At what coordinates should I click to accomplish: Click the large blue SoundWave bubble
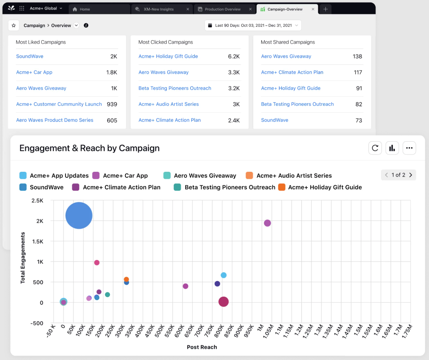79,215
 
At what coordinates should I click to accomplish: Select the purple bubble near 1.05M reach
267,223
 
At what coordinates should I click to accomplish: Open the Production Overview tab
223,9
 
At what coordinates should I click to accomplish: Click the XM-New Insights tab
158,9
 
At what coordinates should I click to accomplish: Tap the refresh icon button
375,148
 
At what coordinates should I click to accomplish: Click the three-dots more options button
409,148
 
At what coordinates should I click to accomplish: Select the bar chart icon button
392,148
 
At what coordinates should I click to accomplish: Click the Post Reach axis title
202,347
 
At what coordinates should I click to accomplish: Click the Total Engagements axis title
23,258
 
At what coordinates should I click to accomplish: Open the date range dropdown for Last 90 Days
253,25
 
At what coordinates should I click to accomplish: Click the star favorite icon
14,25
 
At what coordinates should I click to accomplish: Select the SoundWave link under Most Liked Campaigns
29,56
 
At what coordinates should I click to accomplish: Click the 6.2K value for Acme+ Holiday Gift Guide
234,56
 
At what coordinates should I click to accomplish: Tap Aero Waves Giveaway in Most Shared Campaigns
286,56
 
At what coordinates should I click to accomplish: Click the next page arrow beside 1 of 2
410,175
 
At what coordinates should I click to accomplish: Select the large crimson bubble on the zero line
223,302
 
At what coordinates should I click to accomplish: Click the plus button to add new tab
325,9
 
